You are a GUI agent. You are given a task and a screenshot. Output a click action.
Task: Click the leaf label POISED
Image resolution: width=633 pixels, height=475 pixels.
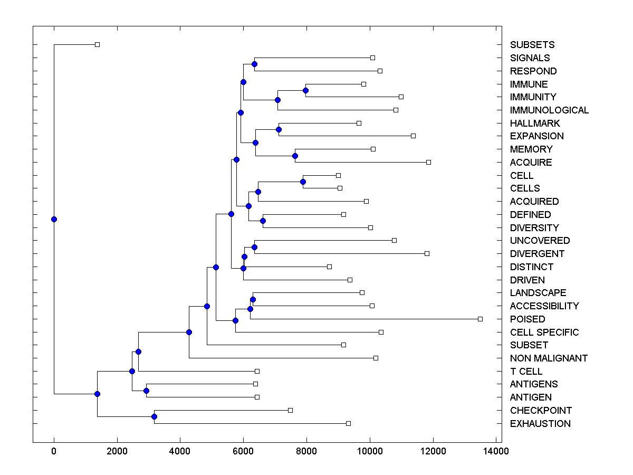[x=527, y=319]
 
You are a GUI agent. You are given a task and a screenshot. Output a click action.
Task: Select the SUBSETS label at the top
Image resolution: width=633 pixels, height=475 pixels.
[x=532, y=45]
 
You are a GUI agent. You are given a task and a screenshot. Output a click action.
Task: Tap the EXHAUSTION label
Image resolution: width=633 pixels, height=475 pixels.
[x=540, y=424]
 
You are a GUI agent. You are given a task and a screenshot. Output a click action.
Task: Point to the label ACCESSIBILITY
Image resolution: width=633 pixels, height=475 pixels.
[x=544, y=306]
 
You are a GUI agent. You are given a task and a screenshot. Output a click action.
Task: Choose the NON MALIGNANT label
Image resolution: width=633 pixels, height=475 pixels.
[x=549, y=358]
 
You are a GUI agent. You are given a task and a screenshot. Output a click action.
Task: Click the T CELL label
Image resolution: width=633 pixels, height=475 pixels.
[x=526, y=372]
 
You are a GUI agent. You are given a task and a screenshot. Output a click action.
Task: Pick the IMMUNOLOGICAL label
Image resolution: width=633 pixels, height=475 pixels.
[x=549, y=110]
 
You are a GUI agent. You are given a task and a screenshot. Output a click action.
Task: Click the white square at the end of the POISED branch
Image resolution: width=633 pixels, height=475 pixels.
[x=480, y=319]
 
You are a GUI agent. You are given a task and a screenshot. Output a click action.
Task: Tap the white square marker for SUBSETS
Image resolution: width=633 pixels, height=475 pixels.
[x=97, y=44]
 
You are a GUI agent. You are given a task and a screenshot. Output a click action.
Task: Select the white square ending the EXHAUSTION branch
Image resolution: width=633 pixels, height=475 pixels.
[x=348, y=423]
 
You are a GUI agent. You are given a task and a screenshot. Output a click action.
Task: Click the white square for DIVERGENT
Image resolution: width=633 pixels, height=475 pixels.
[x=427, y=253]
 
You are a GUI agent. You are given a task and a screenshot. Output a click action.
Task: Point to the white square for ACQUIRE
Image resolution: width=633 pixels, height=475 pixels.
[x=428, y=162]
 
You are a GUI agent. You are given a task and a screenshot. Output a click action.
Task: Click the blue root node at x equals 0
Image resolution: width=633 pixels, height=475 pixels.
[x=54, y=220]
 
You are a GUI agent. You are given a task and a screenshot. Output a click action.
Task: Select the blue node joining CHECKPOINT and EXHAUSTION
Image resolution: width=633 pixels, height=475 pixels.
[x=154, y=417]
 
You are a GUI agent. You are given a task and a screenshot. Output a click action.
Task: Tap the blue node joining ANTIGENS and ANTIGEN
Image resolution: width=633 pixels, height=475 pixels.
[x=146, y=391]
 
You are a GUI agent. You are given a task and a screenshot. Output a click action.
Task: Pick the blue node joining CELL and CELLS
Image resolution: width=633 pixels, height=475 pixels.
[x=303, y=182]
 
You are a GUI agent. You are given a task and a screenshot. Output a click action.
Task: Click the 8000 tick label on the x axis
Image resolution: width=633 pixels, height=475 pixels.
[x=306, y=451]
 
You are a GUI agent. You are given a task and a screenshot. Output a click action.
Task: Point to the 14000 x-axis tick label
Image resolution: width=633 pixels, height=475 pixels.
[x=495, y=451]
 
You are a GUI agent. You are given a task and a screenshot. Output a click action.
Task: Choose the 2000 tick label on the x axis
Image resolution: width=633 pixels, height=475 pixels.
[x=117, y=451]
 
